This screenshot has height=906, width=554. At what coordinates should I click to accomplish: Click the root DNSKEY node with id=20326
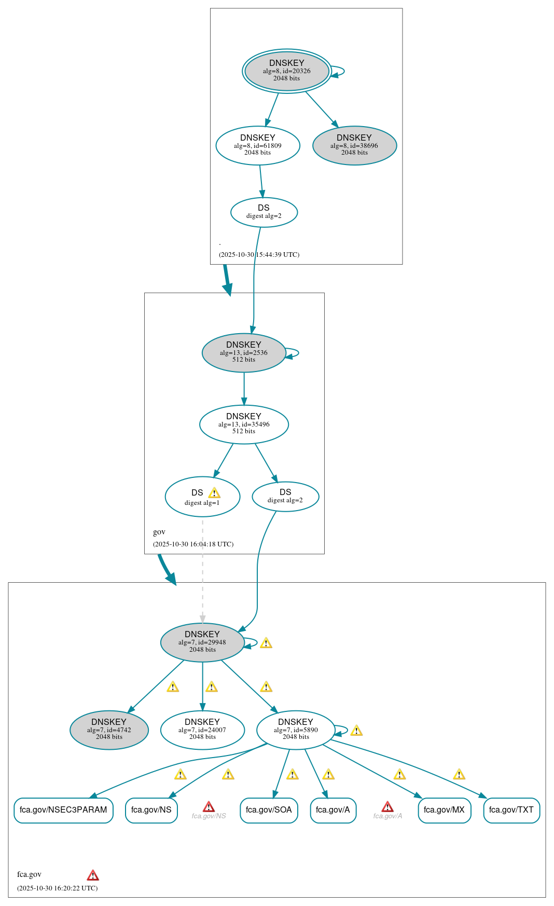tap(287, 71)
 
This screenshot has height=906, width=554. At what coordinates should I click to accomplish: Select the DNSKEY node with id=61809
tap(258, 145)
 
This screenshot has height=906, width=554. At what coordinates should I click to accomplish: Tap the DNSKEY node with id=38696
tap(354, 145)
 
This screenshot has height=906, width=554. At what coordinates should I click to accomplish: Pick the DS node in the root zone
tap(264, 212)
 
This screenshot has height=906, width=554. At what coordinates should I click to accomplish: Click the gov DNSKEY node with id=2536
tap(244, 352)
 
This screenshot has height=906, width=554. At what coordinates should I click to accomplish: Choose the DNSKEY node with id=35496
tap(244, 424)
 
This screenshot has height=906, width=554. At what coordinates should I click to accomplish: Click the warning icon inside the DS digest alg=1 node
tap(214, 493)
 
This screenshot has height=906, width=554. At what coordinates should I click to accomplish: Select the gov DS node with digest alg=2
tap(285, 496)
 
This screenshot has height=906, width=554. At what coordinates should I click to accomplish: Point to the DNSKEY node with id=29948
tap(202, 642)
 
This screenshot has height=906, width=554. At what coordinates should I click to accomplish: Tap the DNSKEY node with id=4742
tap(109, 730)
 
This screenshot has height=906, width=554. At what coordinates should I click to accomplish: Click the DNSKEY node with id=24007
tap(202, 730)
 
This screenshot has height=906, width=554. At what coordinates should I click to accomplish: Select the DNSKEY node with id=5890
tap(296, 730)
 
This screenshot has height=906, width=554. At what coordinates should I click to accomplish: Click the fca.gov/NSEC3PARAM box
tap(63, 810)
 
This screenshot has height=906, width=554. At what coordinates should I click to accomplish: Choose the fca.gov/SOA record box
tap(269, 810)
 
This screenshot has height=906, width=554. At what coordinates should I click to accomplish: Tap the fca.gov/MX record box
tap(444, 810)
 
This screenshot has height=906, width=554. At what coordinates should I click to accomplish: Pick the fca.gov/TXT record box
tap(511, 810)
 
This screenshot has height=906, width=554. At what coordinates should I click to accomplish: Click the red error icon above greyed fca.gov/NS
tap(209, 807)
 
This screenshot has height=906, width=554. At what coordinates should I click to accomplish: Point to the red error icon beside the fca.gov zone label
tap(93, 875)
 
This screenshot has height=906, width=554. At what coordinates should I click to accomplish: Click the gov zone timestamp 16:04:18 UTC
tap(193, 544)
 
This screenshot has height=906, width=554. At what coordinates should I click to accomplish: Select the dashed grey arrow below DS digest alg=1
tap(202, 571)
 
